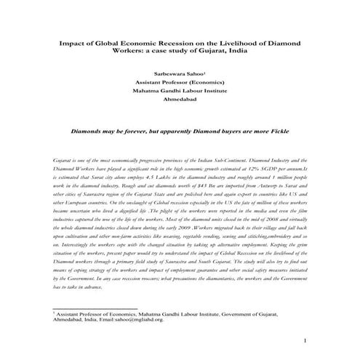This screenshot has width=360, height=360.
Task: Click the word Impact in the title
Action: (x=69, y=44)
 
